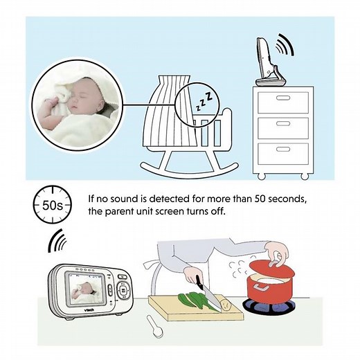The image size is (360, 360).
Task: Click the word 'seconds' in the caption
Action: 280,199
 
